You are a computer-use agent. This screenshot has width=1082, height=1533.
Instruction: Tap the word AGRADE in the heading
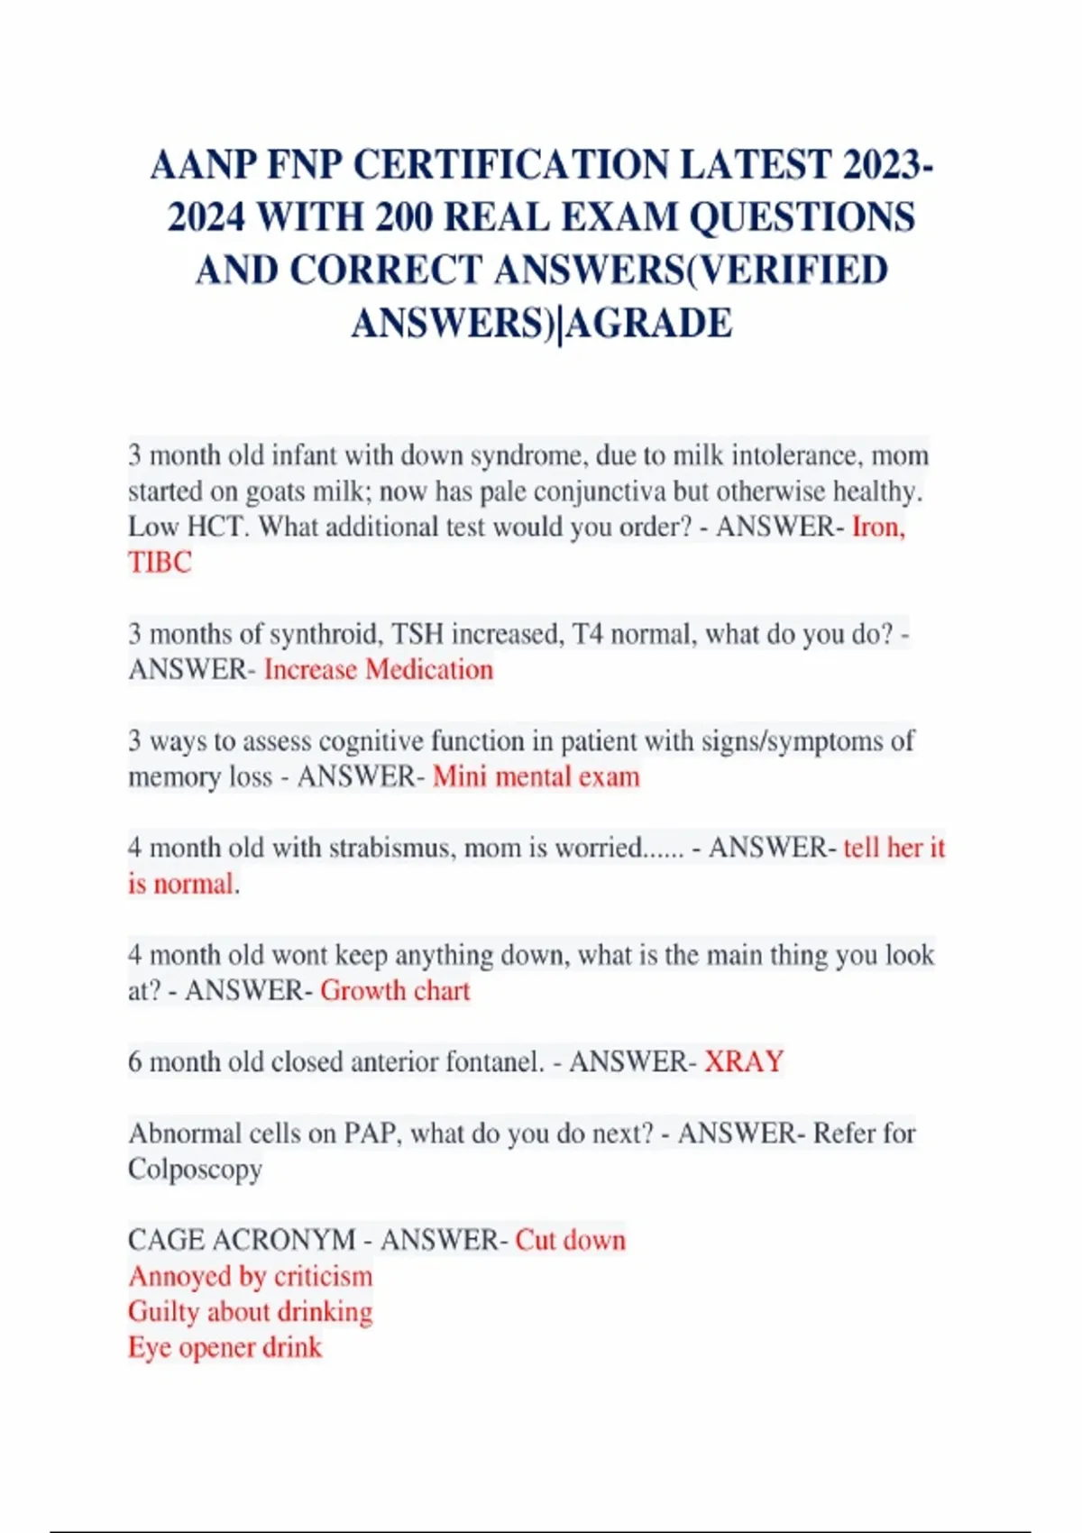click(649, 323)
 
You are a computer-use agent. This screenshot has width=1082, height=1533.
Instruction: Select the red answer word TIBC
click(160, 563)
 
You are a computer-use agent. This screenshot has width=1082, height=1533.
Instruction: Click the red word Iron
click(877, 527)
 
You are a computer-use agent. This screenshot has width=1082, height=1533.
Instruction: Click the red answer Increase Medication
click(379, 670)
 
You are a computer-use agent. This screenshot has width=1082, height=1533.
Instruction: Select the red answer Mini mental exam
click(536, 776)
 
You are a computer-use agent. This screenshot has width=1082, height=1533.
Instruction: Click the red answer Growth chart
click(395, 990)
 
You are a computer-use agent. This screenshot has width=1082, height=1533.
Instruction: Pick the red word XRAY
click(744, 1061)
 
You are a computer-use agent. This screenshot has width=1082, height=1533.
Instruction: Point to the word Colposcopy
click(195, 1169)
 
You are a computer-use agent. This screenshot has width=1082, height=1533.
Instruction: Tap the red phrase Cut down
click(570, 1240)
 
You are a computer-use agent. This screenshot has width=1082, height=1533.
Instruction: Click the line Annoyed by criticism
click(250, 1276)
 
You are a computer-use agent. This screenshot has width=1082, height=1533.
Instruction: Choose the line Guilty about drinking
click(250, 1311)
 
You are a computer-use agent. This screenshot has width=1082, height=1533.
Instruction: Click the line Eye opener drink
click(225, 1347)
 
